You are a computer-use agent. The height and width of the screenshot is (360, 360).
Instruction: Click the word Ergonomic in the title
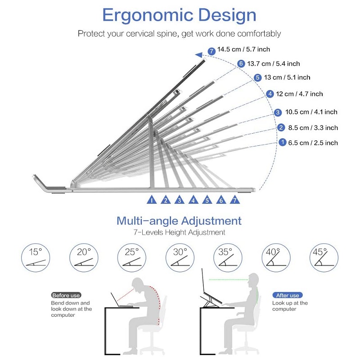[x=148, y=15]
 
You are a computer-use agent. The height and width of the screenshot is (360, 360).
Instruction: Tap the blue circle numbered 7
[x=211, y=51]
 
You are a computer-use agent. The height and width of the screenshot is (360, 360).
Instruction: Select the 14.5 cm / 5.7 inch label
[x=243, y=49]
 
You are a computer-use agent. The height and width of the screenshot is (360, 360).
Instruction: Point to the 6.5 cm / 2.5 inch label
[x=313, y=143]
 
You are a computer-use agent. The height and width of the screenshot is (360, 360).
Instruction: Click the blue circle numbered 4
[x=270, y=94]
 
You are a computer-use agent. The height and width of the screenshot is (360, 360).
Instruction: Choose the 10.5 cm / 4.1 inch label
[x=311, y=112]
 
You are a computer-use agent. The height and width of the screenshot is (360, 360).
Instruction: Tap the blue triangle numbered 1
[x=152, y=200]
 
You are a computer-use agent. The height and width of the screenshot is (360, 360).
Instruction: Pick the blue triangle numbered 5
[x=207, y=200]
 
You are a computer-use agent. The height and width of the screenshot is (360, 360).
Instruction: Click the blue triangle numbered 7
[x=234, y=200]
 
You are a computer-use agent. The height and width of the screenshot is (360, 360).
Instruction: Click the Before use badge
[x=66, y=295]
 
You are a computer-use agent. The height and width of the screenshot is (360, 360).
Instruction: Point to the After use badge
[x=288, y=295]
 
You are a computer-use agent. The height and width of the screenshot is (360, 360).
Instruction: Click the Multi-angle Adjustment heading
[x=179, y=221]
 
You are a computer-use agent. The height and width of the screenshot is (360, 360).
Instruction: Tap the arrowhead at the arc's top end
[x=198, y=55]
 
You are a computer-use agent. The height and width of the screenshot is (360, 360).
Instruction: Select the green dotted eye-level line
[x=229, y=279]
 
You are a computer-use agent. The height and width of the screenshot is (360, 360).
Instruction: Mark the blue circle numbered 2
[x=281, y=127]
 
